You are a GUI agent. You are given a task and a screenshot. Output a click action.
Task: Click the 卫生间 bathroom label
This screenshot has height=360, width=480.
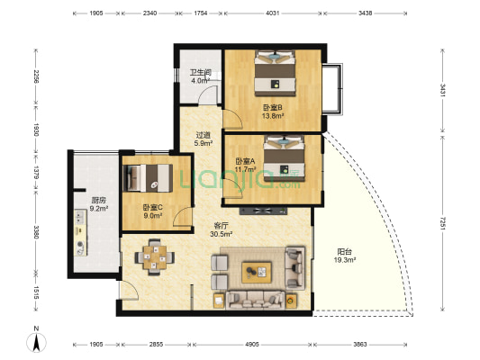(201, 73)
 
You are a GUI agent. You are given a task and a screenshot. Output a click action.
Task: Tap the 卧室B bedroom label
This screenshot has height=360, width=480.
(273, 108)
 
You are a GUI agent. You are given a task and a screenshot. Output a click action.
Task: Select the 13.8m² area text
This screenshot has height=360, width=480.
(273, 116)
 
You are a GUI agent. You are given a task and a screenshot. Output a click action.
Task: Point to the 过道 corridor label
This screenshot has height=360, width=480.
(204, 135)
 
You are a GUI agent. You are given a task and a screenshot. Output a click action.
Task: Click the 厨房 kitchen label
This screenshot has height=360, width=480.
(98, 201)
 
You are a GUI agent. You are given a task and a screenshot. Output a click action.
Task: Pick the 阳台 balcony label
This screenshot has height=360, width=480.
(344, 252)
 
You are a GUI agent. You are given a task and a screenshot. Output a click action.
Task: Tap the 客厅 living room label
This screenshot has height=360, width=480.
(221, 226)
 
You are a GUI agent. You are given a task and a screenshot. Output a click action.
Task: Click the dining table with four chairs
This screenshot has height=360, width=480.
(155, 256)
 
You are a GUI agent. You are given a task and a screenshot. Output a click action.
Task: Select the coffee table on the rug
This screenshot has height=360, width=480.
(257, 272)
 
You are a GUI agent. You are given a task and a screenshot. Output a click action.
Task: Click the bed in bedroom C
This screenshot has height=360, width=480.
(148, 178)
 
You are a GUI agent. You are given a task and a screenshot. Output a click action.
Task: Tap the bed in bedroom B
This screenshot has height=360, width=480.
(276, 73)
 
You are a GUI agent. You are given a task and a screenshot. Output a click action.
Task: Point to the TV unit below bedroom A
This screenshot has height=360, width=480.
(264, 211)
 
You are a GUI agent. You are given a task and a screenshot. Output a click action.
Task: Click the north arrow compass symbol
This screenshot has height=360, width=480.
(36, 342)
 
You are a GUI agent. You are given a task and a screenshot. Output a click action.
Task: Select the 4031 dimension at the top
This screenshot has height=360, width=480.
(273, 13)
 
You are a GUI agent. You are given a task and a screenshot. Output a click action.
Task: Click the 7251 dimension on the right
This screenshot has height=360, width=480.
(442, 223)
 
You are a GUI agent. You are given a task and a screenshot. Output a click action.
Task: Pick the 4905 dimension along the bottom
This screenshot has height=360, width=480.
(252, 345)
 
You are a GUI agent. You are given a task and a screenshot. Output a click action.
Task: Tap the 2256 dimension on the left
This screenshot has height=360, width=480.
(36, 77)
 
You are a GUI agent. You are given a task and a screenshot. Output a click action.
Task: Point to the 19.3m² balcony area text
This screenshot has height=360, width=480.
(344, 260)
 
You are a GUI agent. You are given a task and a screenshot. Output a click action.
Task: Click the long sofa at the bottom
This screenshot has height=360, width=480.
(255, 300)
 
